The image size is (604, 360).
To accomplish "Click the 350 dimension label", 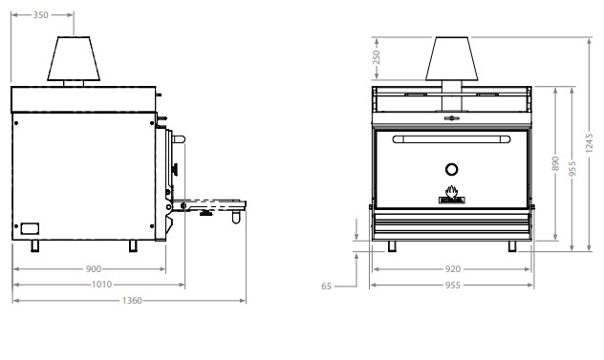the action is tap(40, 15).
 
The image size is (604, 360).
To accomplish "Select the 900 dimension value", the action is tap(94, 268).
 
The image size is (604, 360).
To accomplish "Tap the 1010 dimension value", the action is tap(101, 285).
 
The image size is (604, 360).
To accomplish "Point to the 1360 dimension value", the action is tap(132, 301).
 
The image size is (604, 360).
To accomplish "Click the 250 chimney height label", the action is tap(377, 57).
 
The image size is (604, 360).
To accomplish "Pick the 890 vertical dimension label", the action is tap(555, 163).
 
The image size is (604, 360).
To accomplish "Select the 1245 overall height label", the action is tap(589, 143).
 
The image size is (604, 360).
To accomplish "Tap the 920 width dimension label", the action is tap(453, 269).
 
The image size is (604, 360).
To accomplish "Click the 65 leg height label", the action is tap(326, 286).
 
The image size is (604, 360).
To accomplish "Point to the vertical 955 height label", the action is tap(572, 169).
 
